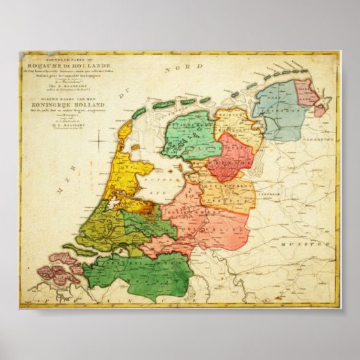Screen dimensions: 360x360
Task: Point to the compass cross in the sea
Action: pos(98,141)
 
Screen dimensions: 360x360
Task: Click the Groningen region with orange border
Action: pos(234,122)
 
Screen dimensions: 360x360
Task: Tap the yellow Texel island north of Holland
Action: pos(125,128)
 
